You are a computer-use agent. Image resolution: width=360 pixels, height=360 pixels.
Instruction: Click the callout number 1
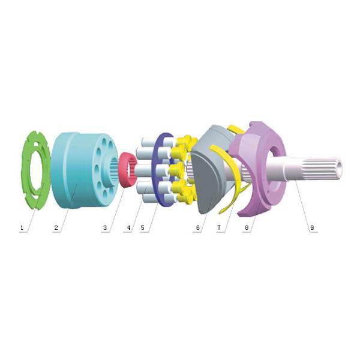(x=22, y=228)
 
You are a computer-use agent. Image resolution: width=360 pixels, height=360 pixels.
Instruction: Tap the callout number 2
(x=56, y=228)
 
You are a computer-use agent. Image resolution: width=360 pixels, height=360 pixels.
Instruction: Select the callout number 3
(x=105, y=228)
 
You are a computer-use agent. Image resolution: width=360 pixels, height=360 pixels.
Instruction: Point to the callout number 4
(x=129, y=228)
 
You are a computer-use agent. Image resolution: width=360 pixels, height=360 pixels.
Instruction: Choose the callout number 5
(x=143, y=228)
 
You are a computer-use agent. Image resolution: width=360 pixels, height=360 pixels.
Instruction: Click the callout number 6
(x=198, y=228)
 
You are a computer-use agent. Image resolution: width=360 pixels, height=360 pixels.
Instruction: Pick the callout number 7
(x=219, y=228)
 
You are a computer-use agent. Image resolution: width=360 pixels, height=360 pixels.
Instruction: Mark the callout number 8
(x=247, y=228)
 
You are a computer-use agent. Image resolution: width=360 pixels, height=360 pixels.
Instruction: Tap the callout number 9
(x=312, y=228)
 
